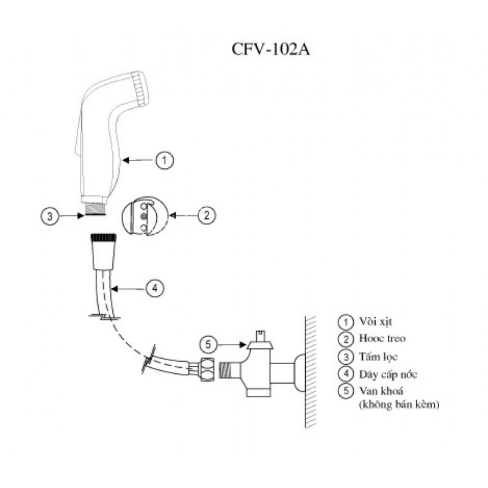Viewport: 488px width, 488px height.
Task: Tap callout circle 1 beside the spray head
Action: coord(164,160)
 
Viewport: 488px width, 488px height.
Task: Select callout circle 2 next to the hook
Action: coord(207,215)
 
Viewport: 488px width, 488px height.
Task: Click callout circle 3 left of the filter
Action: coord(51,215)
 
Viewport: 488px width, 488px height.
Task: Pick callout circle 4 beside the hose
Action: coord(154,288)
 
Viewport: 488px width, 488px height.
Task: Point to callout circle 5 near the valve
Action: coord(209,345)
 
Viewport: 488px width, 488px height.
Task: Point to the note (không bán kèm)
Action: coord(400,403)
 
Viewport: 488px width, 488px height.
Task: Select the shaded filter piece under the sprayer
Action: coord(95,209)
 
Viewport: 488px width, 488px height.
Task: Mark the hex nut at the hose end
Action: coord(206,370)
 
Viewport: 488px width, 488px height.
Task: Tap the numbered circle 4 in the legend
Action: coord(346,374)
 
